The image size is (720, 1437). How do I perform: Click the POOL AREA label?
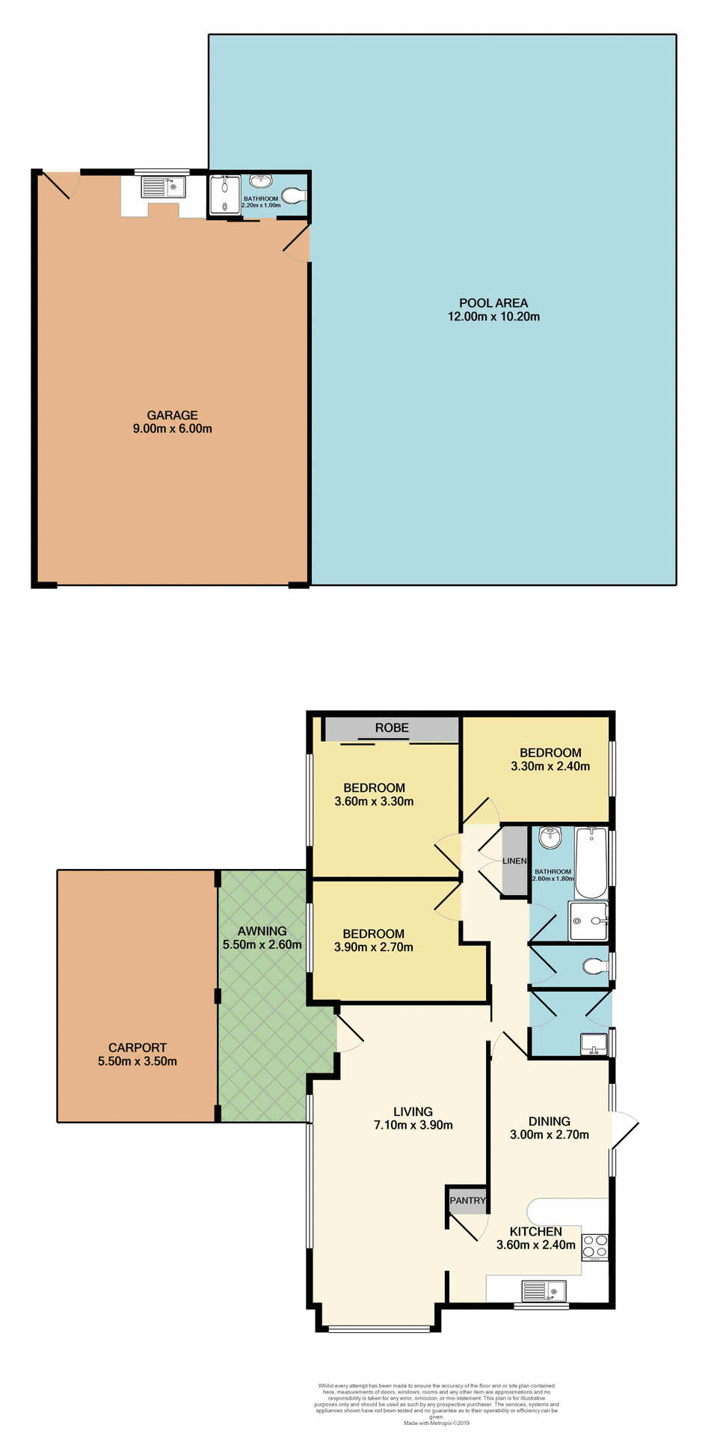click(493, 303)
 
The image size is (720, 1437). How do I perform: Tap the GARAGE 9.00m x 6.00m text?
click(172, 422)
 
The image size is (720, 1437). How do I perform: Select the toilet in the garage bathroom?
click(294, 196)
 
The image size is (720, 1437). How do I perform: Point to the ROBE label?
click(392, 728)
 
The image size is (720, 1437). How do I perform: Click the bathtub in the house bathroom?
click(591, 861)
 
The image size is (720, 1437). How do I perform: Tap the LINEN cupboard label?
click(514, 861)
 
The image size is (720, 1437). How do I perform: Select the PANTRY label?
click(468, 1200)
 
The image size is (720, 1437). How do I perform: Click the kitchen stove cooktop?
click(595, 1246)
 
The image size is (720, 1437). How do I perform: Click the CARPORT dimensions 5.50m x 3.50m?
click(138, 1061)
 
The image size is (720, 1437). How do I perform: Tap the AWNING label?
click(262, 932)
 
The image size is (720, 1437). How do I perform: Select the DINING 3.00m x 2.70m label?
click(550, 1128)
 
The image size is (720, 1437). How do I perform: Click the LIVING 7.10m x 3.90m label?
click(413, 1118)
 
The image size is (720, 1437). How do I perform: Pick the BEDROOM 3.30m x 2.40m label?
click(550, 760)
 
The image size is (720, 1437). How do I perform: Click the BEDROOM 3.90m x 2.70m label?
click(373, 941)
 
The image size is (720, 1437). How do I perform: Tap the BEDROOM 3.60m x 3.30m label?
click(374, 795)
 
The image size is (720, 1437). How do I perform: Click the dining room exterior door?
click(624, 1129)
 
